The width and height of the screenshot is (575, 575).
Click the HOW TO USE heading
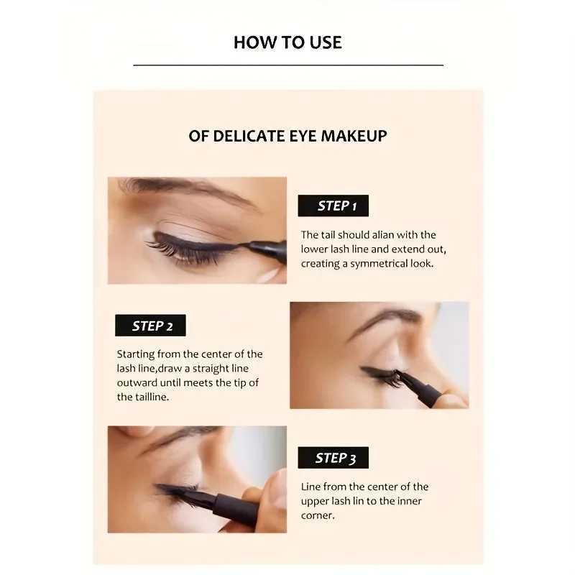pyautogui.click(x=287, y=42)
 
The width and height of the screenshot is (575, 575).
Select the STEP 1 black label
pyautogui.click(x=333, y=206)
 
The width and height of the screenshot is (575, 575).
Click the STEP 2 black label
pyautogui.click(x=150, y=326)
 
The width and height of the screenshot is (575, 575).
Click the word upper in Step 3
pyautogui.click(x=316, y=501)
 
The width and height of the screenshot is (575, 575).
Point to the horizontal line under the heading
pyautogui.click(x=287, y=65)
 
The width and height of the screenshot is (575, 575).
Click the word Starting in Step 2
pyautogui.click(x=137, y=354)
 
